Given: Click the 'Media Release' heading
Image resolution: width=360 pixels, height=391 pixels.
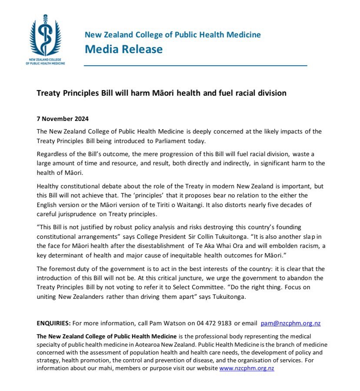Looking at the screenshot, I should coord(123,49).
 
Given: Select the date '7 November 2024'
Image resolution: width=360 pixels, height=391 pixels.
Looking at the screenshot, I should coord(61,119).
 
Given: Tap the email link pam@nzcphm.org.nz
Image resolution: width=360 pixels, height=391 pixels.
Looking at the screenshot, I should coord(290,324).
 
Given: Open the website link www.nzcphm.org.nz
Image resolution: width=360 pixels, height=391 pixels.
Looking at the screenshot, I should coord(247,368).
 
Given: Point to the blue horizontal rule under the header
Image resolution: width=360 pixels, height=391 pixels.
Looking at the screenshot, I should coord(195,65).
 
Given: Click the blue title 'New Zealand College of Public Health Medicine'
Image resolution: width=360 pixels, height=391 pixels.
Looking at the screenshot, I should coord(173,34).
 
